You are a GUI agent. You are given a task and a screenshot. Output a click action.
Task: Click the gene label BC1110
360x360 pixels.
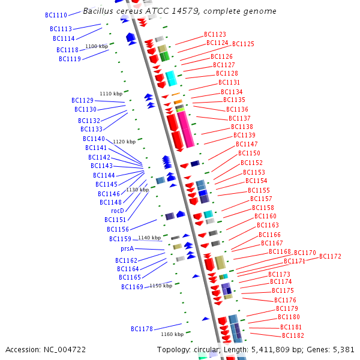[x=56, y=15]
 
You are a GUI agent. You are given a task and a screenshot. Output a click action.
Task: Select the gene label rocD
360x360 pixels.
[x=118, y=211]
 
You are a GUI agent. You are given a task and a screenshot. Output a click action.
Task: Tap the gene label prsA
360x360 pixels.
[x=127, y=248]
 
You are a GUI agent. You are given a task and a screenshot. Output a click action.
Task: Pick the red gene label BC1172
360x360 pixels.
[x=330, y=256]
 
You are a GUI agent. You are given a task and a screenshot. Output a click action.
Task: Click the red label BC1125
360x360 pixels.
[x=243, y=44]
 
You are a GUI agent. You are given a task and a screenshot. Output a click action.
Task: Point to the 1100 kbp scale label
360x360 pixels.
[x=97, y=46]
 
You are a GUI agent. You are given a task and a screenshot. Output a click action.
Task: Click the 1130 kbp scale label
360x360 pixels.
[x=137, y=190]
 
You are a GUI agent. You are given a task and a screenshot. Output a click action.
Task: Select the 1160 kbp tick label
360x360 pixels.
[x=172, y=334]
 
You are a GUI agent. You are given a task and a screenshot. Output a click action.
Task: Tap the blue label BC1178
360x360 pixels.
[x=142, y=329]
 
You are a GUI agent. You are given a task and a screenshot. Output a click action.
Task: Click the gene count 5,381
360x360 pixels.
[x=343, y=349]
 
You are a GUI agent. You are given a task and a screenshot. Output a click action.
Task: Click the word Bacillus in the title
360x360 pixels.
[x=98, y=11]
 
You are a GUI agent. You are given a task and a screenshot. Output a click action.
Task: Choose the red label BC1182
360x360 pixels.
[x=293, y=335]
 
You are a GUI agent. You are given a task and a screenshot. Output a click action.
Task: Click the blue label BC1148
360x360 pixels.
[x=110, y=202]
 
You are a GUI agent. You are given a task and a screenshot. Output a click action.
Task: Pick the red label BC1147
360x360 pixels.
[x=247, y=144]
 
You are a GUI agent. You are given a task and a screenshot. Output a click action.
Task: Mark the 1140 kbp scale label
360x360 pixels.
[x=149, y=238]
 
